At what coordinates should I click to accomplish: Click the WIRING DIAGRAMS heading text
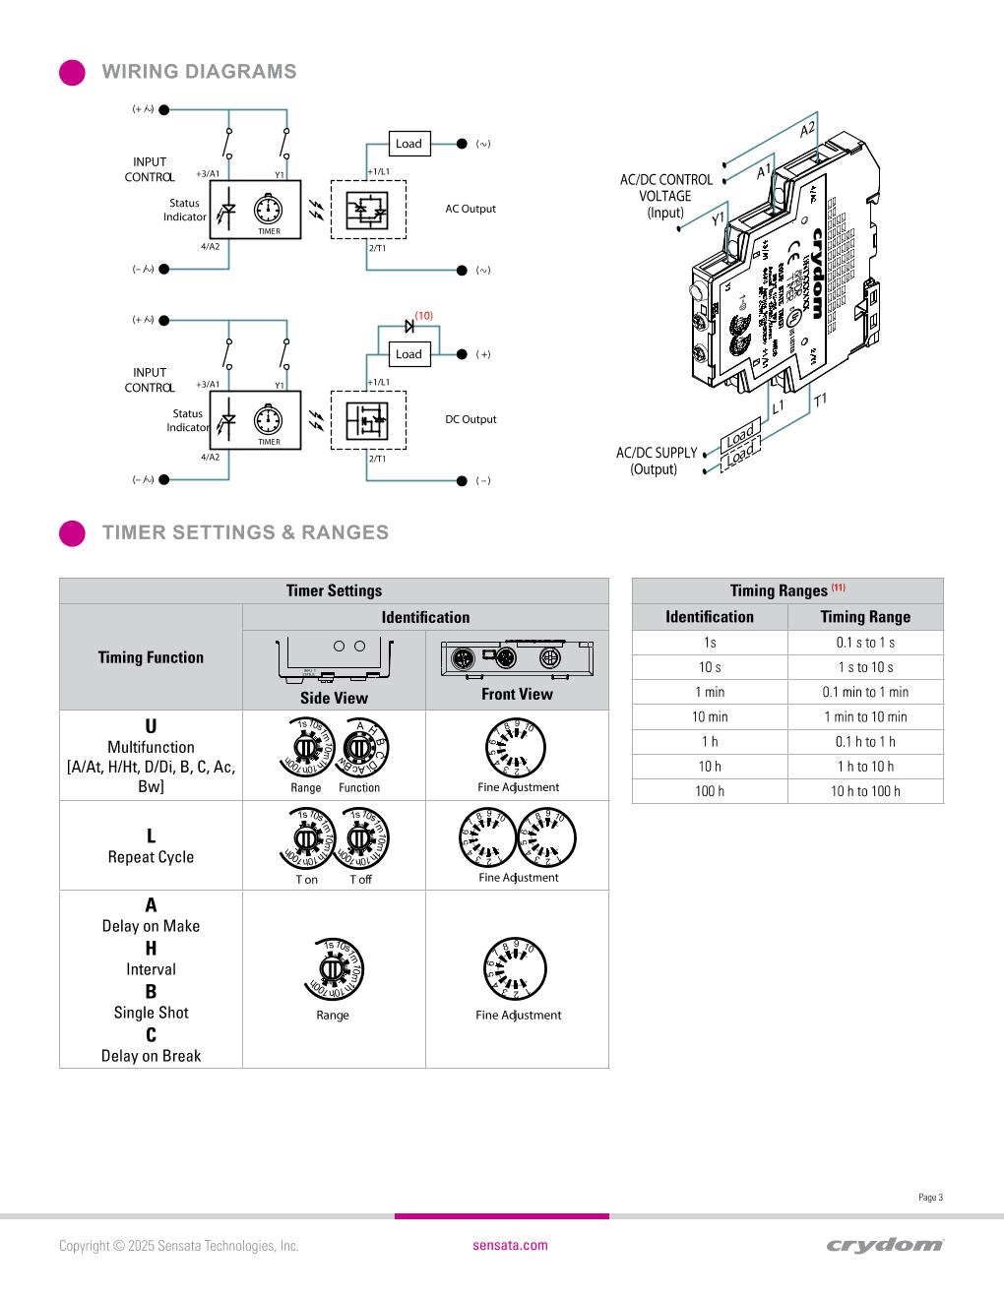[x=199, y=72]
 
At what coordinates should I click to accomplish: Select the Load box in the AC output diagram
[x=408, y=144]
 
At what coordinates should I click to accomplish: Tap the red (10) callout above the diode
[x=423, y=316]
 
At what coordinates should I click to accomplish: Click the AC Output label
[x=471, y=209]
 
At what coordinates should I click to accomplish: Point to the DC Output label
[x=471, y=419]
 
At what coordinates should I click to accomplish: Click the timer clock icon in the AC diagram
[x=269, y=211]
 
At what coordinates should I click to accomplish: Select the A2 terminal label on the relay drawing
[x=807, y=130]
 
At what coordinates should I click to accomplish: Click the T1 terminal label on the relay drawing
[x=820, y=400]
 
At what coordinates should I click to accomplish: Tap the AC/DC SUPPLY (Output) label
[x=656, y=461]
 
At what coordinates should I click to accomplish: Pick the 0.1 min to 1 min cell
[x=865, y=692]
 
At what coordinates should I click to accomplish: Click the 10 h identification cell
[x=710, y=767]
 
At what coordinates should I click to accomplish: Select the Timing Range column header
[x=865, y=617]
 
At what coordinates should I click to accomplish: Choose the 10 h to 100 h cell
[x=865, y=791]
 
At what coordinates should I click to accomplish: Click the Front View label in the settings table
[x=517, y=694]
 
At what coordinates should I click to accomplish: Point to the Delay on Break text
[x=151, y=1056]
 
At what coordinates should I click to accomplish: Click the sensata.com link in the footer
[x=510, y=1245]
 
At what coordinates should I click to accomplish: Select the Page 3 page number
[x=930, y=1198]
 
